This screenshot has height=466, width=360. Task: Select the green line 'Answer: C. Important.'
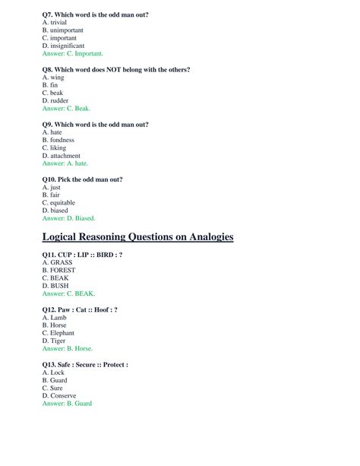tap(72, 54)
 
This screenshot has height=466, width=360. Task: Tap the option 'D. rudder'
tap(55, 100)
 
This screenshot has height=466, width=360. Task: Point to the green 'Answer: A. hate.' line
tap(65, 163)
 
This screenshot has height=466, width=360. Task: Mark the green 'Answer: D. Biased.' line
tap(68, 218)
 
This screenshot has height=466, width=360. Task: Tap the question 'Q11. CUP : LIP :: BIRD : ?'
tap(82, 255)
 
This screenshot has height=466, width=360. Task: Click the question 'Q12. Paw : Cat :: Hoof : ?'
tap(80, 310)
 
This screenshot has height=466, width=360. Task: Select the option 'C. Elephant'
tap(62, 333)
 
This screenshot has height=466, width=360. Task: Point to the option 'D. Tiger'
tap(55, 341)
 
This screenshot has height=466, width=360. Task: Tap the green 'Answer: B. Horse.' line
tap(68, 349)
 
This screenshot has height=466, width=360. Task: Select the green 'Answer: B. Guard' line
tap(67, 404)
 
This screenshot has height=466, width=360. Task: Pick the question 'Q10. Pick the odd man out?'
tap(82, 179)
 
